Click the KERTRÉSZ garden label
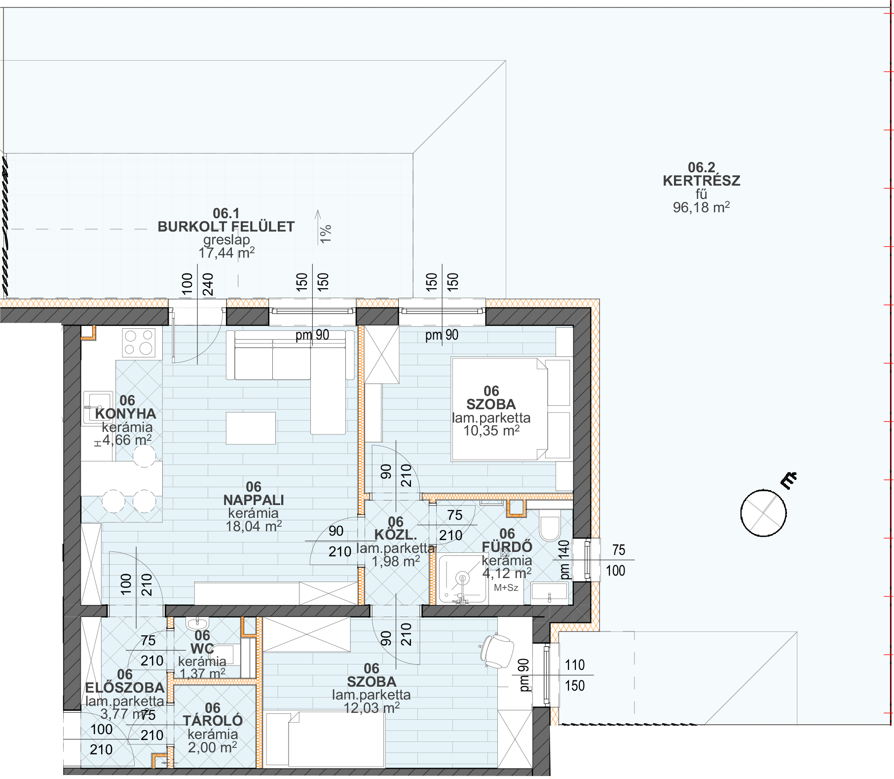click(x=701, y=181)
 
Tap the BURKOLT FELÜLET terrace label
click(x=226, y=227)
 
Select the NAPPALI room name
click(x=254, y=500)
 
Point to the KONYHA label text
click(x=125, y=414)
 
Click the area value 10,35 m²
click(x=491, y=430)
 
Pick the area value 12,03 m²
click(x=372, y=708)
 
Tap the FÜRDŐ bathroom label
click(x=507, y=547)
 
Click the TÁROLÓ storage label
click(x=213, y=721)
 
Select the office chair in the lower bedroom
click(x=497, y=651)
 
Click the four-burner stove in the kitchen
click(x=139, y=343)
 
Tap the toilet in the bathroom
click(x=550, y=528)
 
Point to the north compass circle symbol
click(x=763, y=513)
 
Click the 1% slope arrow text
click(x=325, y=234)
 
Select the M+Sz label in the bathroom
click(x=506, y=587)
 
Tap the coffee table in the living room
click(x=251, y=428)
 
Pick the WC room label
click(x=202, y=649)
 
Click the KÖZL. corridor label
click(x=396, y=535)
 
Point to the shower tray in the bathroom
click(x=463, y=579)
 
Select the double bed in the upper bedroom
click(x=499, y=410)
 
